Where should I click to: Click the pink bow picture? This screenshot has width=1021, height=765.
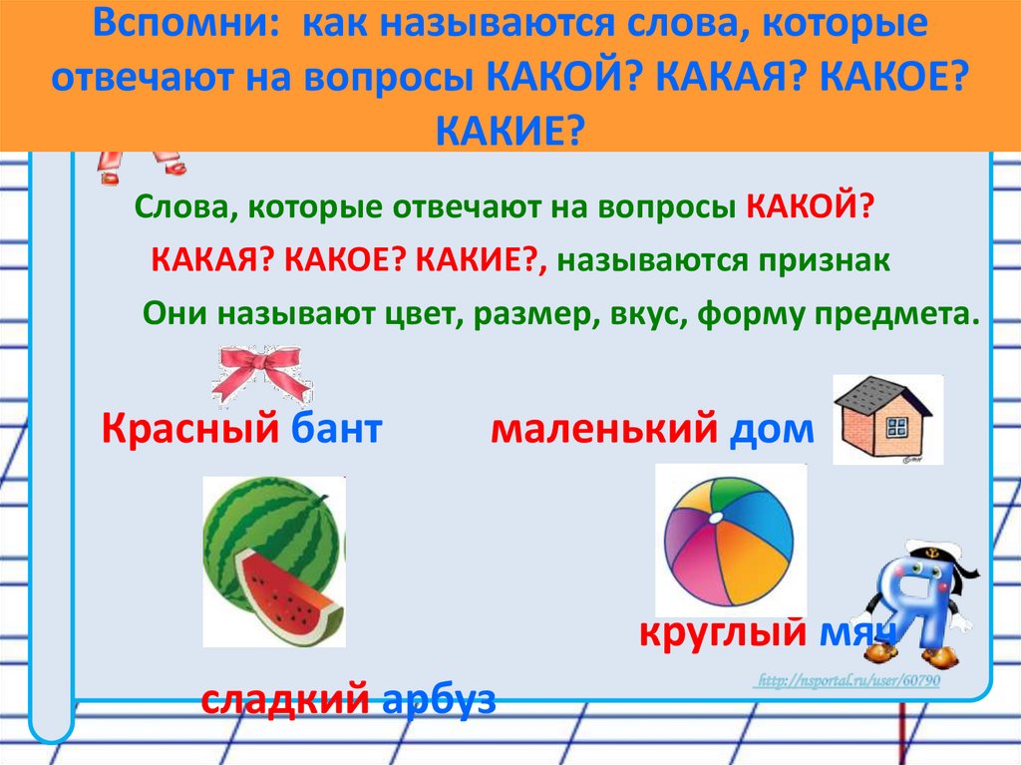tap(262, 372)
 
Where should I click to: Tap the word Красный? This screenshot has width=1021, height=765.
tap(188, 430)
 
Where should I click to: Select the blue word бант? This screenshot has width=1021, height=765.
tap(337, 430)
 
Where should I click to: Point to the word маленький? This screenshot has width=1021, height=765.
tap(604, 430)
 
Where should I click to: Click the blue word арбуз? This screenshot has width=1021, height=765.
tap(439, 699)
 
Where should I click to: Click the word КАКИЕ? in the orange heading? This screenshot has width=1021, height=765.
tap(510, 127)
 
